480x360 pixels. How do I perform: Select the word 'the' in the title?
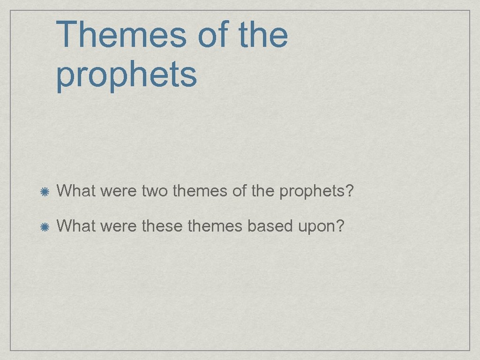click(x=263, y=35)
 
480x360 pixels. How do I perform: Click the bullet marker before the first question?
click(x=45, y=192)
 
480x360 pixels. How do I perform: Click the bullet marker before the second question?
click(x=45, y=227)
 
